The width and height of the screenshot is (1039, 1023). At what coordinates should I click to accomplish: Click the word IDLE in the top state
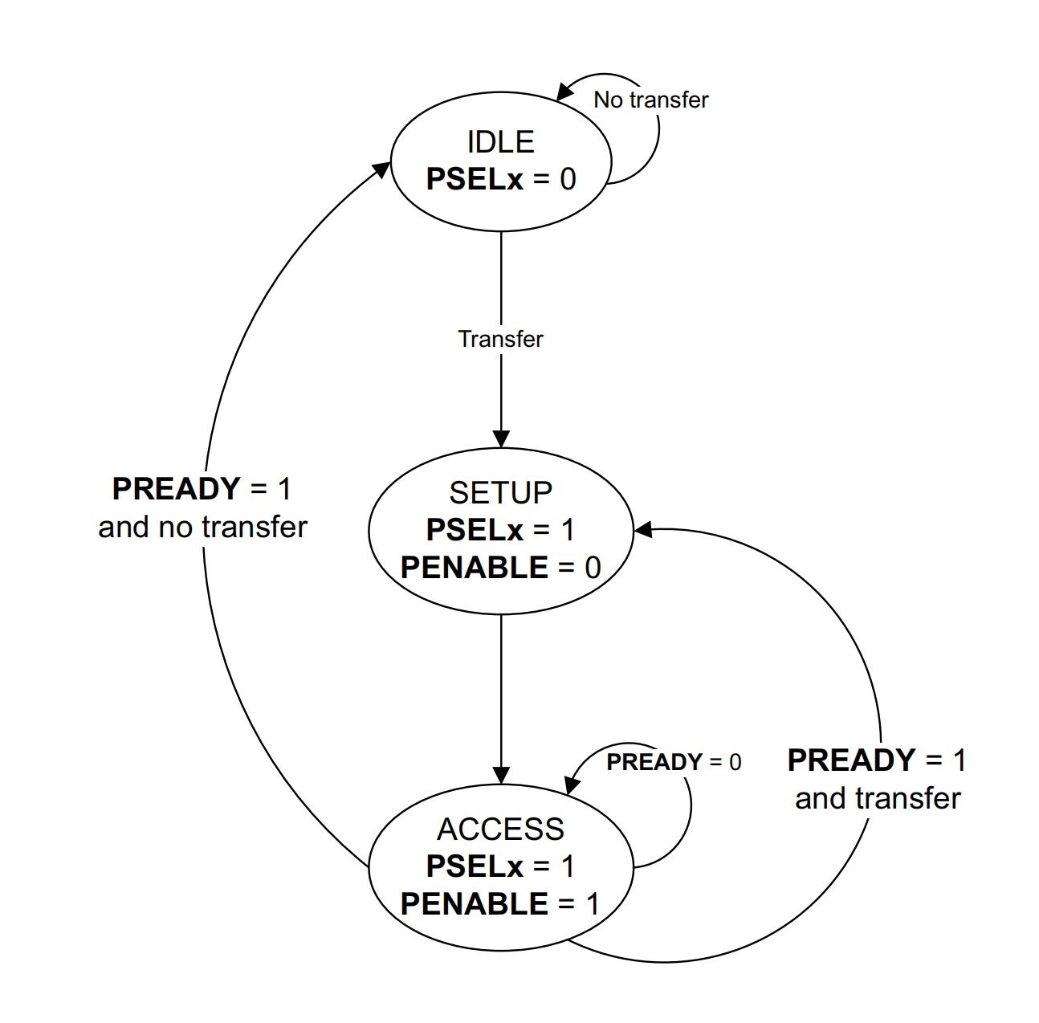click(500, 142)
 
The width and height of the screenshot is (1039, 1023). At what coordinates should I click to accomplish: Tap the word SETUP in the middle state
click(500, 492)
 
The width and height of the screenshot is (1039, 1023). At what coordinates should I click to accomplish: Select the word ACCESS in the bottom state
click(500, 829)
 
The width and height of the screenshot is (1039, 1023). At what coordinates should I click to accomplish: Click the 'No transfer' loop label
click(650, 100)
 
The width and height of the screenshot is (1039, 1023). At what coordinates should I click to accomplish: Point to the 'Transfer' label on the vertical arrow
click(500, 339)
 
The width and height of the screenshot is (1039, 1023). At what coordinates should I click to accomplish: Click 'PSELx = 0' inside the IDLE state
click(500, 178)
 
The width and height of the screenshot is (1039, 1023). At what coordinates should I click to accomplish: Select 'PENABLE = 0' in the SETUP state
click(500, 568)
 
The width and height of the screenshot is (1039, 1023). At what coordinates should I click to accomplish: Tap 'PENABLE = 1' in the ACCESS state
click(500, 904)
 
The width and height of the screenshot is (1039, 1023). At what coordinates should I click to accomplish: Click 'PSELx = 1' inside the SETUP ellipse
click(500, 530)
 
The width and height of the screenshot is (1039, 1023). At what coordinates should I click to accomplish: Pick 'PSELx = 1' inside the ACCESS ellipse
click(500, 866)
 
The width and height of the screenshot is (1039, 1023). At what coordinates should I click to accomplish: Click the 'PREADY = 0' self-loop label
click(674, 762)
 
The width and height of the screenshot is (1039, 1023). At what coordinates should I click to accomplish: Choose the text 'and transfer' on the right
click(877, 798)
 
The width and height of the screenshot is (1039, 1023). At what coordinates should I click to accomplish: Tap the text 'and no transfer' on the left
click(202, 527)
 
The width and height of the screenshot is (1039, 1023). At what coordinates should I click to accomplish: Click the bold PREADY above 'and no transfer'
click(176, 488)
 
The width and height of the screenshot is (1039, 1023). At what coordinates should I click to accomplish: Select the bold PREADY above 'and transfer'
click(851, 760)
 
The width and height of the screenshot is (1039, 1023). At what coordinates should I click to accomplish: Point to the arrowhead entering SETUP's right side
click(642, 530)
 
